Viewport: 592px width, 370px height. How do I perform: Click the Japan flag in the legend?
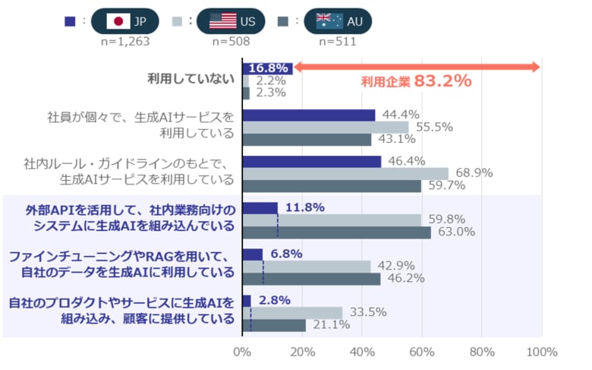click(118, 21)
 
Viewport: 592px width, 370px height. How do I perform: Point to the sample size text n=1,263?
click(125, 41)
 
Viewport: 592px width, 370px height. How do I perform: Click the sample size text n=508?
click(231, 41)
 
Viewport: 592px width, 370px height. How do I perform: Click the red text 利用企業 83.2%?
click(416, 81)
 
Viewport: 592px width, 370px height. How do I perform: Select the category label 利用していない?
click(191, 79)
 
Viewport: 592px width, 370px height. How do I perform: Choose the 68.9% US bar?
click(345, 174)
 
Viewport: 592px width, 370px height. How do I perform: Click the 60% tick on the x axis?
click(422, 353)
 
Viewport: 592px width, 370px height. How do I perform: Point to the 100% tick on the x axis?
click(542, 353)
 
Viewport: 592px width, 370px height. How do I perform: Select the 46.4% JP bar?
click(311, 162)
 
